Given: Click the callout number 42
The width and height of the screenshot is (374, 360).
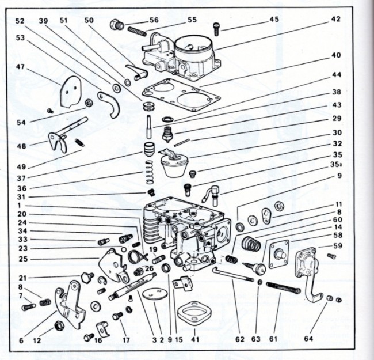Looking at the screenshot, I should [335, 19].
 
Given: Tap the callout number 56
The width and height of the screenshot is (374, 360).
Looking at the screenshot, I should [154, 20].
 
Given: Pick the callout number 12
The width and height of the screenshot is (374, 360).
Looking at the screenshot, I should [37, 340].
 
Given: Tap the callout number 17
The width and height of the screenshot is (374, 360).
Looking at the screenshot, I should [126, 340].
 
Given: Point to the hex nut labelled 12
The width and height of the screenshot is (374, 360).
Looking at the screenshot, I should [59, 327].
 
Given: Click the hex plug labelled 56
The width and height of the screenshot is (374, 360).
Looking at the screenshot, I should [116, 24].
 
